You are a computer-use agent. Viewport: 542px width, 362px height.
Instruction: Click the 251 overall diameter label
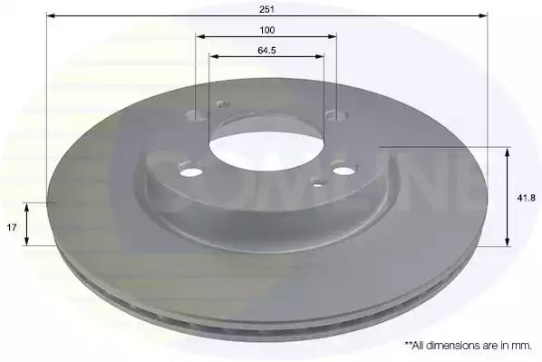click(266, 10)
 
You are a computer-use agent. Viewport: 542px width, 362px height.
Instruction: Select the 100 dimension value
click(267, 31)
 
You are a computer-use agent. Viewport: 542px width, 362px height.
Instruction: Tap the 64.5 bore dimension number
click(266, 51)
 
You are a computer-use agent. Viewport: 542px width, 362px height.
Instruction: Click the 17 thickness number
click(12, 228)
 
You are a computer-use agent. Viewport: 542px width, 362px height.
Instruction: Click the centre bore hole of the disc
click(266, 152)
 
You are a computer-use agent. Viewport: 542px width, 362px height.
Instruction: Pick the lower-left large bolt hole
click(191, 171)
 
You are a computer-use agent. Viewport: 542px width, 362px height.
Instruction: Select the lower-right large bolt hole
click(343, 171)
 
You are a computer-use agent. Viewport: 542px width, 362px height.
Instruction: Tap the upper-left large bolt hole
click(195, 115)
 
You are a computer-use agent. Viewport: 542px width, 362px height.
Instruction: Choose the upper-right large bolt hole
click(336, 114)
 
